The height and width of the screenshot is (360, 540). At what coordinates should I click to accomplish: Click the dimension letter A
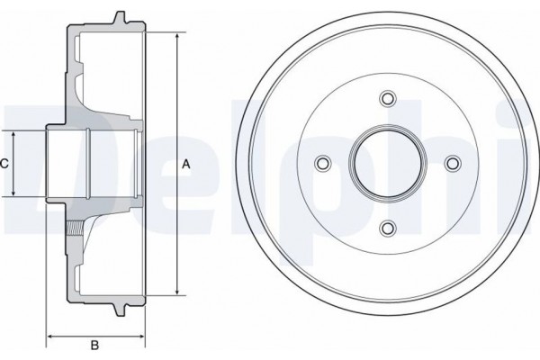click(186, 164)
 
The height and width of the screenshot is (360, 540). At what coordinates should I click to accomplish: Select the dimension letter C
click(4, 164)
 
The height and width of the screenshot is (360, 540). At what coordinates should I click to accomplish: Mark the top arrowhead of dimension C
click(15, 132)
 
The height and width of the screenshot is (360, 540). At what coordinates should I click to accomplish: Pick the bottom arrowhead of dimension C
click(15, 195)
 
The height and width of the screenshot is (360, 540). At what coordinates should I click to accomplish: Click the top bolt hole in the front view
click(388, 98)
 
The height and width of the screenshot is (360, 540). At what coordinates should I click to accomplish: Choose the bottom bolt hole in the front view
click(388, 228)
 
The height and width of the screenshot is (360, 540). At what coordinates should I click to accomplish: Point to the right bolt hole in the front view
click(453, 163)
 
